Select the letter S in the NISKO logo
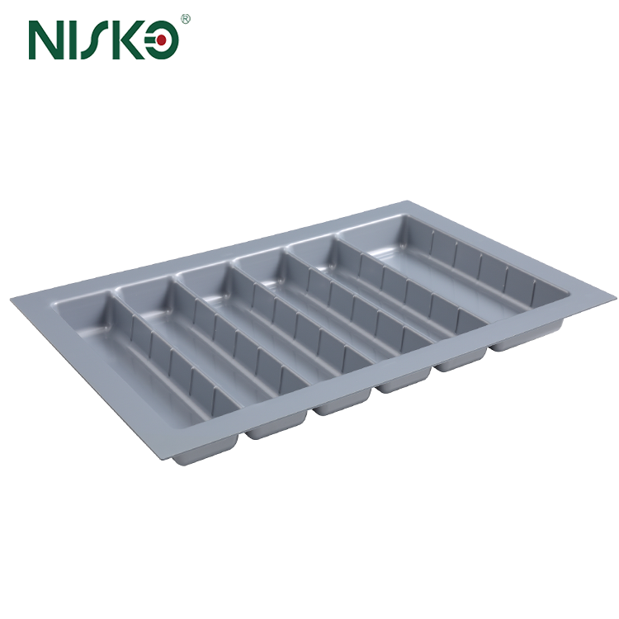tap(98, 39)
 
